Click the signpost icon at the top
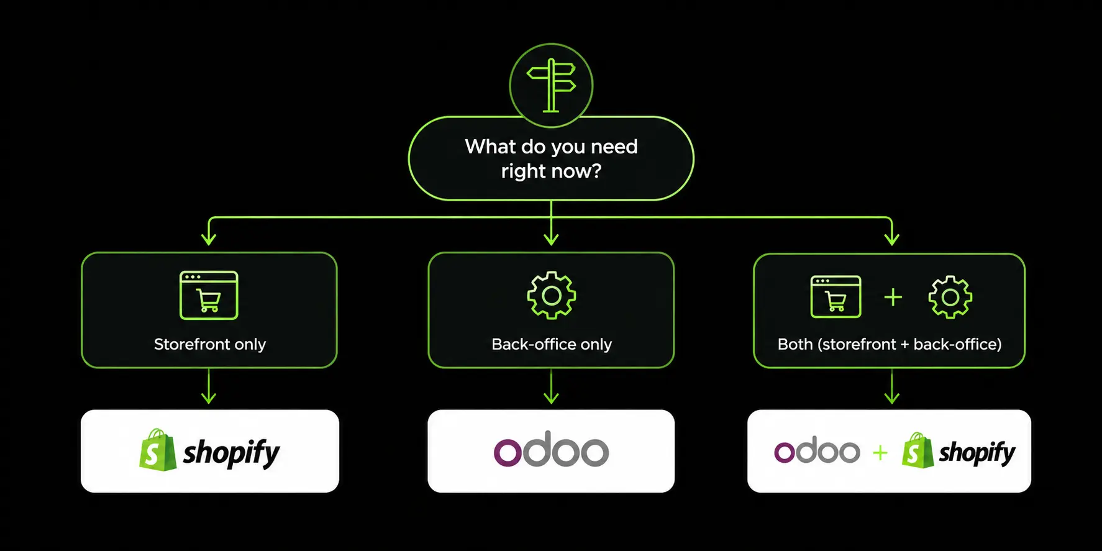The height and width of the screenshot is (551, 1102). click(551, 85)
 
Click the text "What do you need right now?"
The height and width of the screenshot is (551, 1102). click(551, 158)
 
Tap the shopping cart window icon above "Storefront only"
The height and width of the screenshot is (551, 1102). click(209, 295)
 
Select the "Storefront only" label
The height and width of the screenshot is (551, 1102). click(210, 344)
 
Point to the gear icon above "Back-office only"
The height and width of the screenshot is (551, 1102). click(551, 296)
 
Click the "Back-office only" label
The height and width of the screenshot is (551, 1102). click(552, 344)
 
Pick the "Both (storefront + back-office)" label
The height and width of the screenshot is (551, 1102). click(890, 344)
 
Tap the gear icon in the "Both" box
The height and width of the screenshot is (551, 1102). click(950, 298)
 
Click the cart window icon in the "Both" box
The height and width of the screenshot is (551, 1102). click(836, 297)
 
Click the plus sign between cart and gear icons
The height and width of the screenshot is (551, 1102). click(893, 298)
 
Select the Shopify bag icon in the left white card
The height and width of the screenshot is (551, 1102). click(158, 450)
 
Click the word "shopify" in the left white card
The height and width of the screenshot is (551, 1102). click(231, 453)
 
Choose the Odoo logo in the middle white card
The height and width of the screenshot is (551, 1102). click(551, 449)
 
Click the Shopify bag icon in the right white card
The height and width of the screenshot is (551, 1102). click(918, 450)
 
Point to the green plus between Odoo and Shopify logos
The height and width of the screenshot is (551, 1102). click(880, 453)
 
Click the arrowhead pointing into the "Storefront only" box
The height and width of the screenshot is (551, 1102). click(209, 238)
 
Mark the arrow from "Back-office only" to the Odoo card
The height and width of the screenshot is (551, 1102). click(551, 386)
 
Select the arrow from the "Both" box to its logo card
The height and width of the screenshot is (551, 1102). click(892, 386)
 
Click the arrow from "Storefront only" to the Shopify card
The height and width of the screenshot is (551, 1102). click(209, 386)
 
